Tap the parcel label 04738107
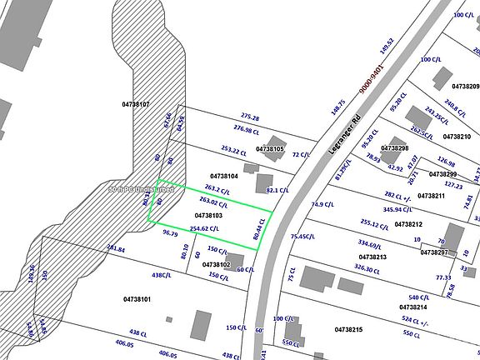(x=135, y=104)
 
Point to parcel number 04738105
(x=270, y=148)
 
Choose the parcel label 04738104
(x=224, y=177)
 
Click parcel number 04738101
(x=137, y=299)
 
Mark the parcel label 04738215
(x=348, y=330)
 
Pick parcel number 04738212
(x=408, y=224)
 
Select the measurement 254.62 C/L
(x=204, y=227)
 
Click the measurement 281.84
(x=116, y=249)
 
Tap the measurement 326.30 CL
(x=371, y=268)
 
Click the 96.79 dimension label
(x=171, y=232)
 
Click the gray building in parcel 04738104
(x=263, y=182)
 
